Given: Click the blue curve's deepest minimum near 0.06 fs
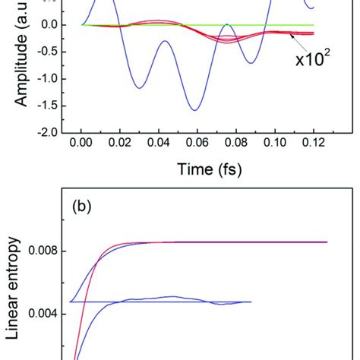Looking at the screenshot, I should [195, 110].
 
